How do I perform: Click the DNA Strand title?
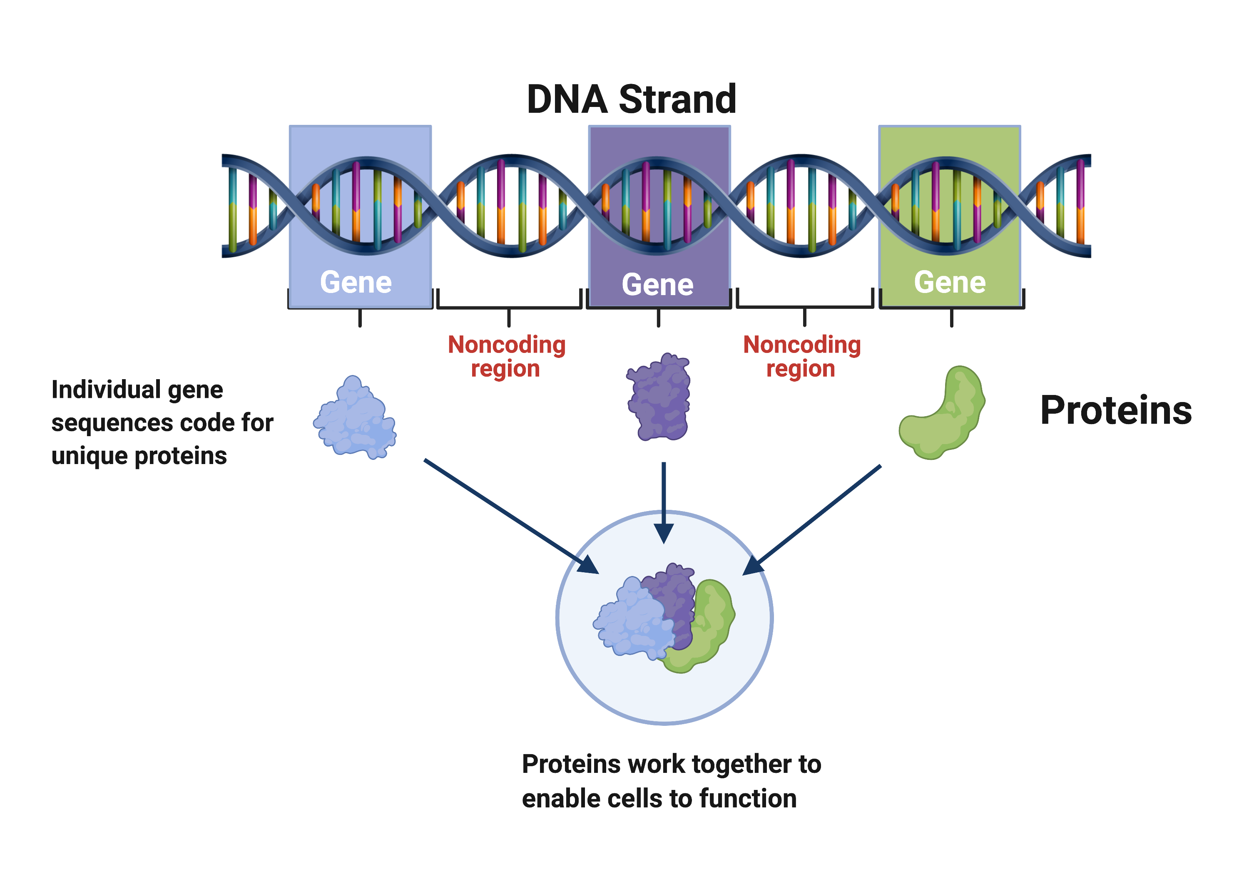tap(631, 99)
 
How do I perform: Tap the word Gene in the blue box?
tap(356, 282)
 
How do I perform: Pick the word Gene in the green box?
tap(949, 282)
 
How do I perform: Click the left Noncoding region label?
tap(506, 356)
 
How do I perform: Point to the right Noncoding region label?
tap(802, 356)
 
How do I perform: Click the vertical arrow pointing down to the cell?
tap(664, 500)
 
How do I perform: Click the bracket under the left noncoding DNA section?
tap(509, 307)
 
